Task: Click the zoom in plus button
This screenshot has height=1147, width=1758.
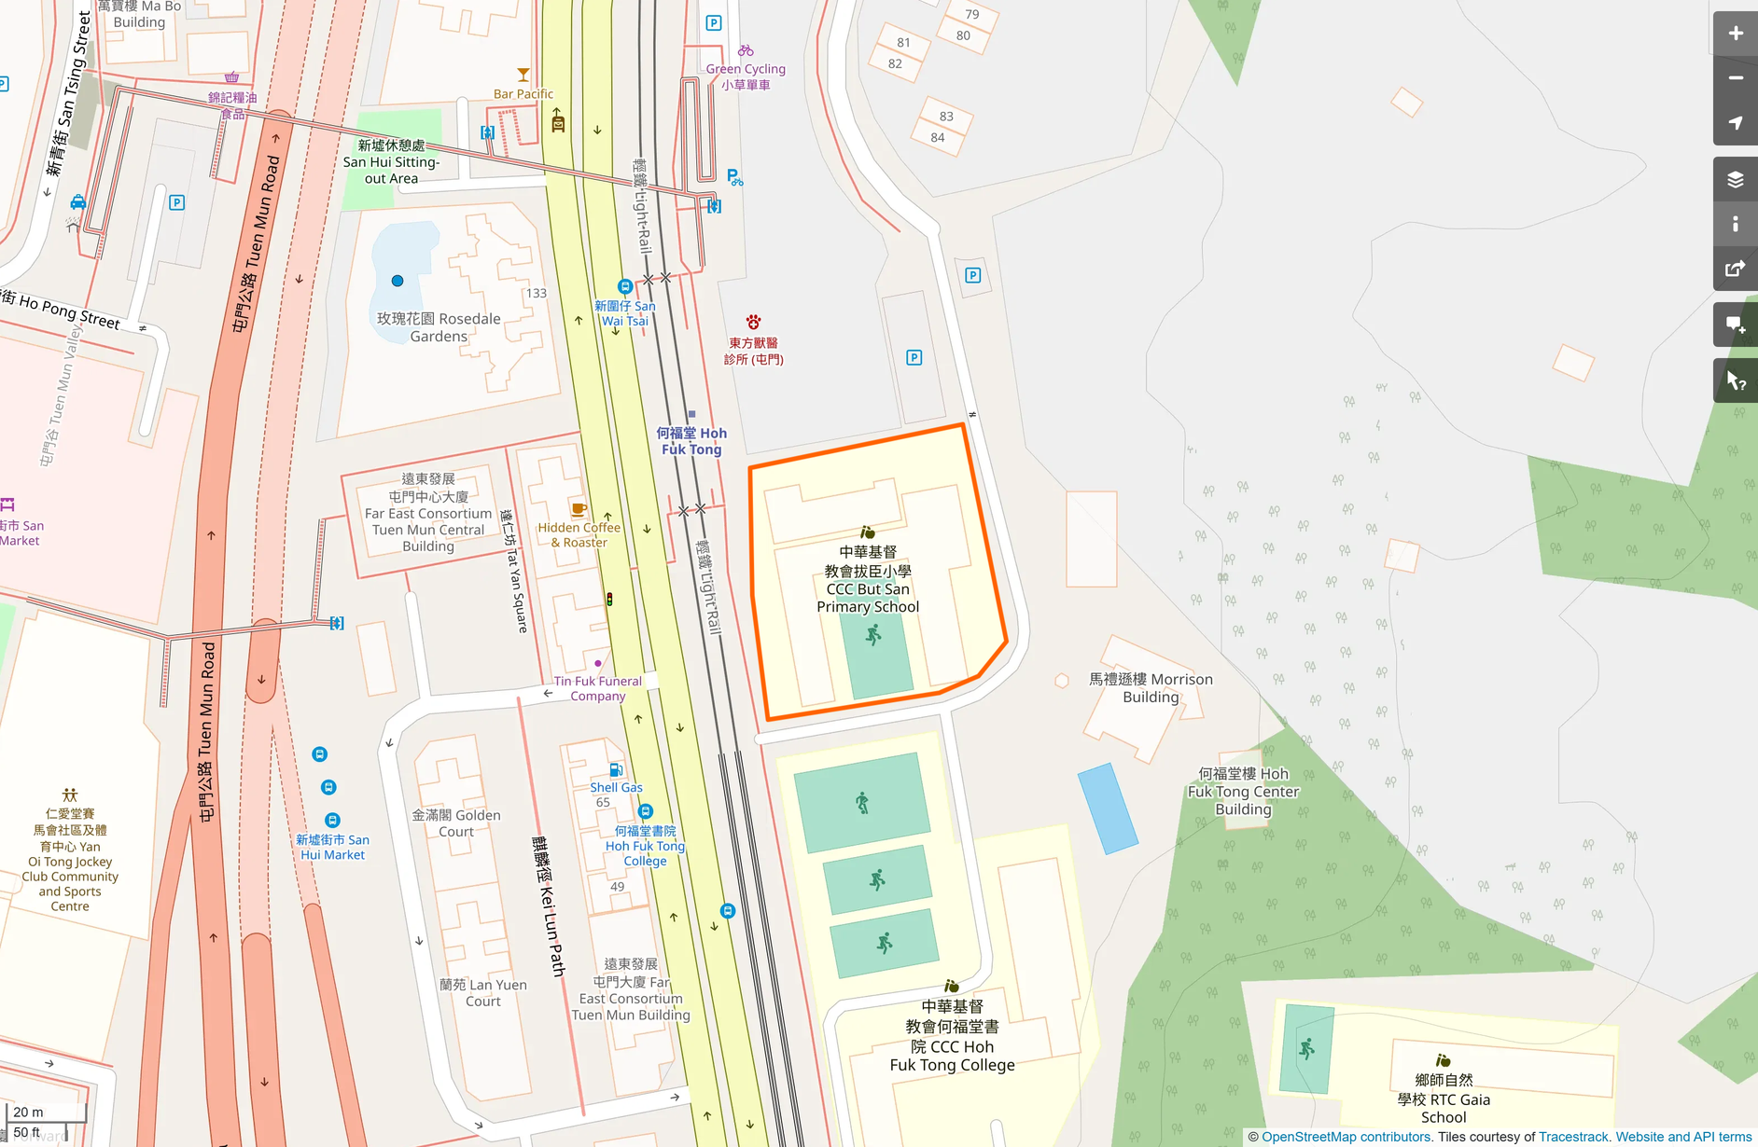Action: (1735, 34)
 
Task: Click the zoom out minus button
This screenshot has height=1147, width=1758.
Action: (1735, 78)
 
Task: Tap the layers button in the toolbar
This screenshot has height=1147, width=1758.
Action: (1735, 179)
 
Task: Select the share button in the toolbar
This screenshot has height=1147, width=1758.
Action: (1735, 269)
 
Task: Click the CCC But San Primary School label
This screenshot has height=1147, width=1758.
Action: (868, 580)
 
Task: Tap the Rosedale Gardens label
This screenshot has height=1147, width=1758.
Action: (439, 327)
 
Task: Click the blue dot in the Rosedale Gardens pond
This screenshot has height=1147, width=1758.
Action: (398, 281)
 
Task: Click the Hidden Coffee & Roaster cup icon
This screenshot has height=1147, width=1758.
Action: (579, 509)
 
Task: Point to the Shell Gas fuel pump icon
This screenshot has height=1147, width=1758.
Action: (616, 770)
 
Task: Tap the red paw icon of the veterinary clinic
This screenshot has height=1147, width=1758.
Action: (753, 323)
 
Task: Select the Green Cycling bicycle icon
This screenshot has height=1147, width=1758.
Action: (746, 50)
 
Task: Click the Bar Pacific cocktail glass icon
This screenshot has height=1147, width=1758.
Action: (523, 75)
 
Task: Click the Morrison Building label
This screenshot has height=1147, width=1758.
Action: (1151, 688)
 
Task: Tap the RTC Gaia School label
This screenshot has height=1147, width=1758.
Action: (1444, 1099)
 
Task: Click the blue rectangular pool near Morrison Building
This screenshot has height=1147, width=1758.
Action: (1108, 808)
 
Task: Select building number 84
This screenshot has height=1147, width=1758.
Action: (938, 138)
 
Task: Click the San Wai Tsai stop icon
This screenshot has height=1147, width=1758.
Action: (625, 286)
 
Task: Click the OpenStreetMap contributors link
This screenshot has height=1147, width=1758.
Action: (1346, 1137)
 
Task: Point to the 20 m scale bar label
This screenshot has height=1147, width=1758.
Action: (28, 1112)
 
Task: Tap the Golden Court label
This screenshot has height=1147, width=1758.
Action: (456, 822)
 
